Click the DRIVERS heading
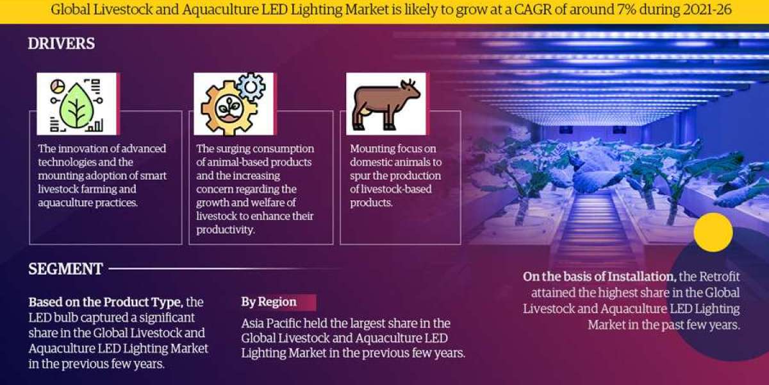[62, 44]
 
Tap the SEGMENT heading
[65, 269]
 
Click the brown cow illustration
[386, 104]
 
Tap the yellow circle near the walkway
[713, 232]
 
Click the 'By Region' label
[269, 302]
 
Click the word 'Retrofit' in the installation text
[720, 277]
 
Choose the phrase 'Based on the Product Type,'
[106, 302]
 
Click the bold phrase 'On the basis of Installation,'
[600, 277]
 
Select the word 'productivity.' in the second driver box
[226, 230]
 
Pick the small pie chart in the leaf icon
[57, 86]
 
